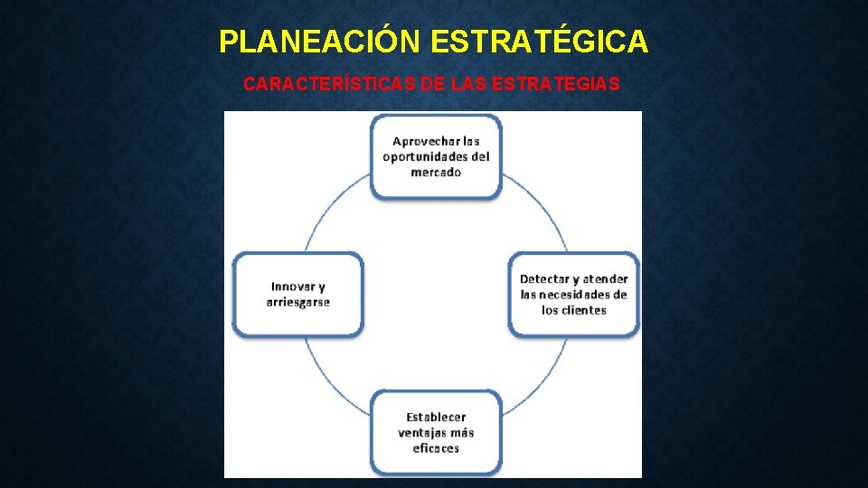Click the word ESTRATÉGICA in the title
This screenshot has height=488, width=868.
[x=540, y=42]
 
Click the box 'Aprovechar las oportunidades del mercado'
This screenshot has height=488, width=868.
[x=436, y=156]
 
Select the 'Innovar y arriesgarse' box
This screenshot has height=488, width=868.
[x=298, y=294]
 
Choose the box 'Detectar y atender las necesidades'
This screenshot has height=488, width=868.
[x=573, y=294]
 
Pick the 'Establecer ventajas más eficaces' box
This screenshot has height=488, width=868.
[x=436, y=432]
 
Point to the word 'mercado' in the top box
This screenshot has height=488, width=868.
[x=436, y=172]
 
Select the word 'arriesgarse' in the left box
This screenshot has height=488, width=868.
[x=298, y=302]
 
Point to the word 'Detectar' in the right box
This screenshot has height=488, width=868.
[x=545, y=279]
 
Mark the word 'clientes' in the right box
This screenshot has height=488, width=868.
[x=583, y=310]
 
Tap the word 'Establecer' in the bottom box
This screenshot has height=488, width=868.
[x=436, y=417]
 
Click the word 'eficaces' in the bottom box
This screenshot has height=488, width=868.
[x=436, y=447]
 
